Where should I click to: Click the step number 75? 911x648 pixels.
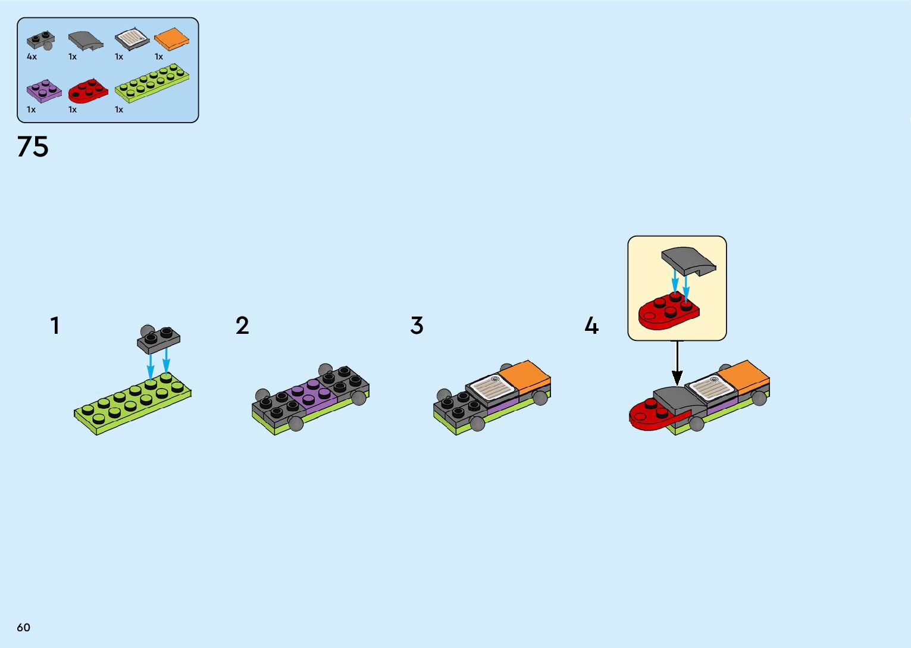click(x=33, y=147)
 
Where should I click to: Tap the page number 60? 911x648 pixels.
click(x=23, y=627)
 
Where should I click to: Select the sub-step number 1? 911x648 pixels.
click(x=55, y=326)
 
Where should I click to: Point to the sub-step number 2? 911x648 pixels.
click(x=242, y=326)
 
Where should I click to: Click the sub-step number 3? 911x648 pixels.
click(x=417, y=326)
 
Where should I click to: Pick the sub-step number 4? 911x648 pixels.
click(x=591, y=326)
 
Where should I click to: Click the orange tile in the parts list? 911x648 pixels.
click(x=171, y=39)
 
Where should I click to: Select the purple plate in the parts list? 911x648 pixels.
click(x=43, y=90)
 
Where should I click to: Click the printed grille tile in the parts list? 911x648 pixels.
click(x=132, y=39)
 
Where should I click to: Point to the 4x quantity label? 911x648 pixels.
click(x=32, y=57)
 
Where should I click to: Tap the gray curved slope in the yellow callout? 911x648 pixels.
click(x=688, y=260)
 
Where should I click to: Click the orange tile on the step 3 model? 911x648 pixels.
click(x=524, y=374)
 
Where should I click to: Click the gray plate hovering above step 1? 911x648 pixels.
click(x=158, y=339)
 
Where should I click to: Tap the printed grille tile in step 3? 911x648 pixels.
click(x=491, y=387)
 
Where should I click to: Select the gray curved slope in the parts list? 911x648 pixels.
click(x=85, y=40)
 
